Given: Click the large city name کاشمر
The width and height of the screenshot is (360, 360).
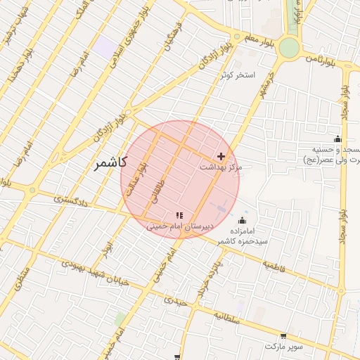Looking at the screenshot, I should tap(109, 162).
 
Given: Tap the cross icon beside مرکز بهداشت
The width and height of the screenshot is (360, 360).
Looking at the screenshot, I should tap(221, 156).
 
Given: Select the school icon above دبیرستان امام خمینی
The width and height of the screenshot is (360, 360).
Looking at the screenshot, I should tap(179, 214).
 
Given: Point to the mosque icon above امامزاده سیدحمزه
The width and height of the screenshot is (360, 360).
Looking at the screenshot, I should tap(243, 220).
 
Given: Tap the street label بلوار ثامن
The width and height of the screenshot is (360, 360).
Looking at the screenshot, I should tap(320, 61).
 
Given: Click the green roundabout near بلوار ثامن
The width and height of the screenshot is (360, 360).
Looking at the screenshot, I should tap(288, 48).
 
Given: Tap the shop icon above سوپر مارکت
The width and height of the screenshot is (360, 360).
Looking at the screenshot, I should tap(283, 337).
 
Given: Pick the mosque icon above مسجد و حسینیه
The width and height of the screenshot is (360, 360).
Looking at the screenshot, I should tap(337, 139).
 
